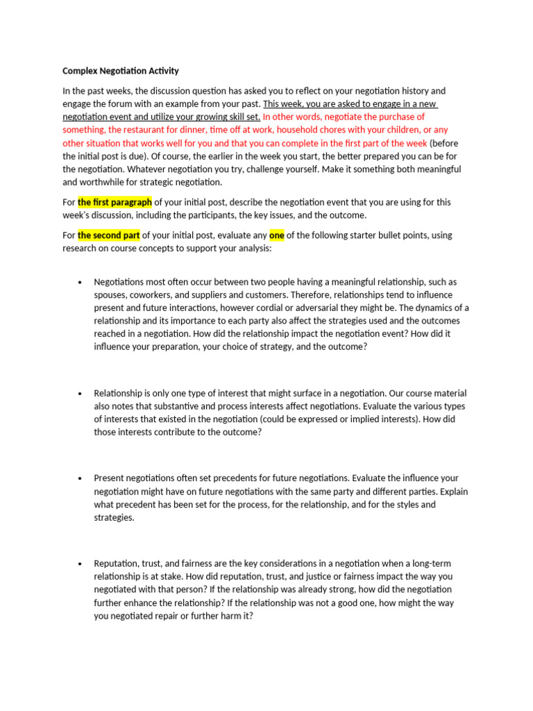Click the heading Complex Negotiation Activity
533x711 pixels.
120,71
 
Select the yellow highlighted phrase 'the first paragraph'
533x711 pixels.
115,202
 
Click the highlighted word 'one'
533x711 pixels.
277,235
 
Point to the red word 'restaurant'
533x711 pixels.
160,130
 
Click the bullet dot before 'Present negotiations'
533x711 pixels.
80,479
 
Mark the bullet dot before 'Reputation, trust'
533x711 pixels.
80,564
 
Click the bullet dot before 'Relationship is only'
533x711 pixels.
80,394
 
